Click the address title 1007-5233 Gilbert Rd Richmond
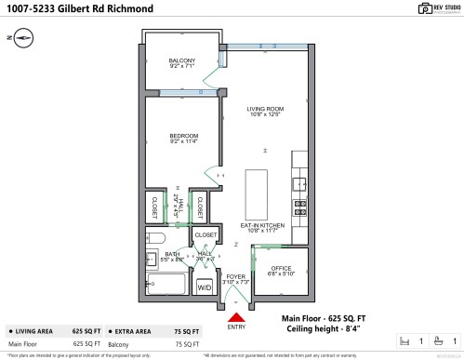[x=82, y=9]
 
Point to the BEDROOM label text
[x=181, y=137]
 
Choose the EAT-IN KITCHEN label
[x=265, y=226]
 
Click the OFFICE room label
[x=280, y=269]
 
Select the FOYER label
[x=235, y=276]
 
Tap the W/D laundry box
[x=204, y=287]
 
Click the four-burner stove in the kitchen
[x=300, y=207]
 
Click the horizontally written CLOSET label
[x=205, y=234]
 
